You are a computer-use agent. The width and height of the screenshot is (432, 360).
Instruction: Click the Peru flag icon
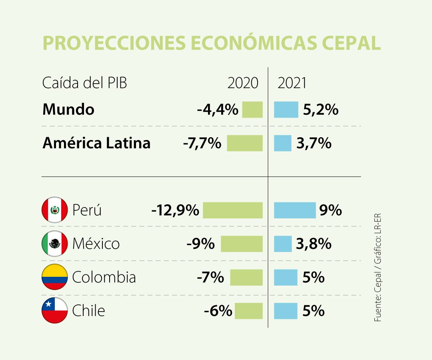(55, 210)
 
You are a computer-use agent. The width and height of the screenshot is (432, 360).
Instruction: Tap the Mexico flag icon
(55, 244)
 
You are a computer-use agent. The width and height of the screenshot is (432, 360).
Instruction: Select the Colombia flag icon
(55, 277)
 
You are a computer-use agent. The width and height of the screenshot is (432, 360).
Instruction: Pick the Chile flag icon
(55, 310)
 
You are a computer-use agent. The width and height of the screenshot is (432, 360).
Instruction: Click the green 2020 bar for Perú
(232, 210)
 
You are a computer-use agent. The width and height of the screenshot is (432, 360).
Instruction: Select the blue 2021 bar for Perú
(294, 210)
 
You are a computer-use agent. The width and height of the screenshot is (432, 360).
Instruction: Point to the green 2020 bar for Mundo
(252, 110)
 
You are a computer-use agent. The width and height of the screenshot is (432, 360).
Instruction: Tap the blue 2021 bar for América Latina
(282, 143)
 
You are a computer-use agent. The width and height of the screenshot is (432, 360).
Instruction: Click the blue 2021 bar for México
(282, 244)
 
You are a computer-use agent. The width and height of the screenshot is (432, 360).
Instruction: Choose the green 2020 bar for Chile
(248, 311)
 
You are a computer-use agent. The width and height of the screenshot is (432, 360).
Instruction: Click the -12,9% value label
(175, 210)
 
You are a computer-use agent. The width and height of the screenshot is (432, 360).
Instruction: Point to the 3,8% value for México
(314, 244)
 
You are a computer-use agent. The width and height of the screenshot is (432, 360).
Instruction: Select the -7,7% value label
(202, 143)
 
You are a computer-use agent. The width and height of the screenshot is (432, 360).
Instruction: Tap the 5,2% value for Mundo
(320, 110)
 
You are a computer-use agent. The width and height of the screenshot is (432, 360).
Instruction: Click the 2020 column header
(243, 83)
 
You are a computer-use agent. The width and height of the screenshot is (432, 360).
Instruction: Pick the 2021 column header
(292, 83)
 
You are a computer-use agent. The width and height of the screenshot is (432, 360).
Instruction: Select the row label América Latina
(96, 143)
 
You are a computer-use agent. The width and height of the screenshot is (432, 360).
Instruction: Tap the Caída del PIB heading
(84, 83)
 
